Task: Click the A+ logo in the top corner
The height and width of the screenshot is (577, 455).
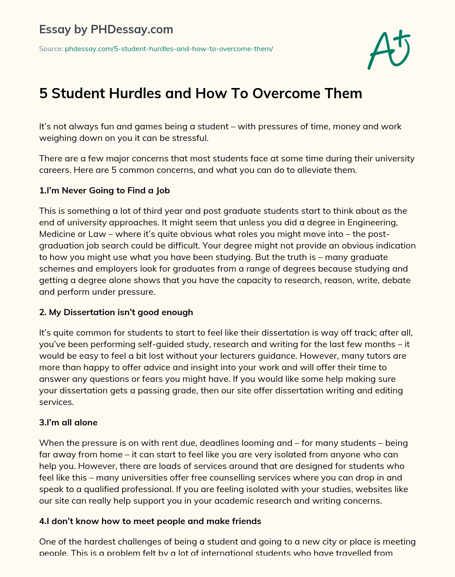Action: pyautogui.click(x=389, y=49)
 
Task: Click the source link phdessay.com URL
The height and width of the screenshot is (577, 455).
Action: pyautogui.click(x=169, y=49)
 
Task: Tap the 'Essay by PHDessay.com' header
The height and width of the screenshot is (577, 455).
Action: pyautogui.click(x=106, y=30)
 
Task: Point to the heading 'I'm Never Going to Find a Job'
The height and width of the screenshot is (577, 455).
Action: pyautogui.click(x=104, y=190)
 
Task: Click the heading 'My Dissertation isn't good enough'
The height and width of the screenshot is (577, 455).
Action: pyautogui.click(x=116, y=312)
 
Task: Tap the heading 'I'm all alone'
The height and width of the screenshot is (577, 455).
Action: pyautogui.click(x=68, y=422)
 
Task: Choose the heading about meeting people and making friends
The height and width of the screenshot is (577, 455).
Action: pyautogui.click(x=150, y=521)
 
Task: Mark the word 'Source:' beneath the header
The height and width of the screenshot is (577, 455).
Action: pyautogui.click(x=51, y=49)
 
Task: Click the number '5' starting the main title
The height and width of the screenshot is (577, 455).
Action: pyautogui.click(x=43, y=93)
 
